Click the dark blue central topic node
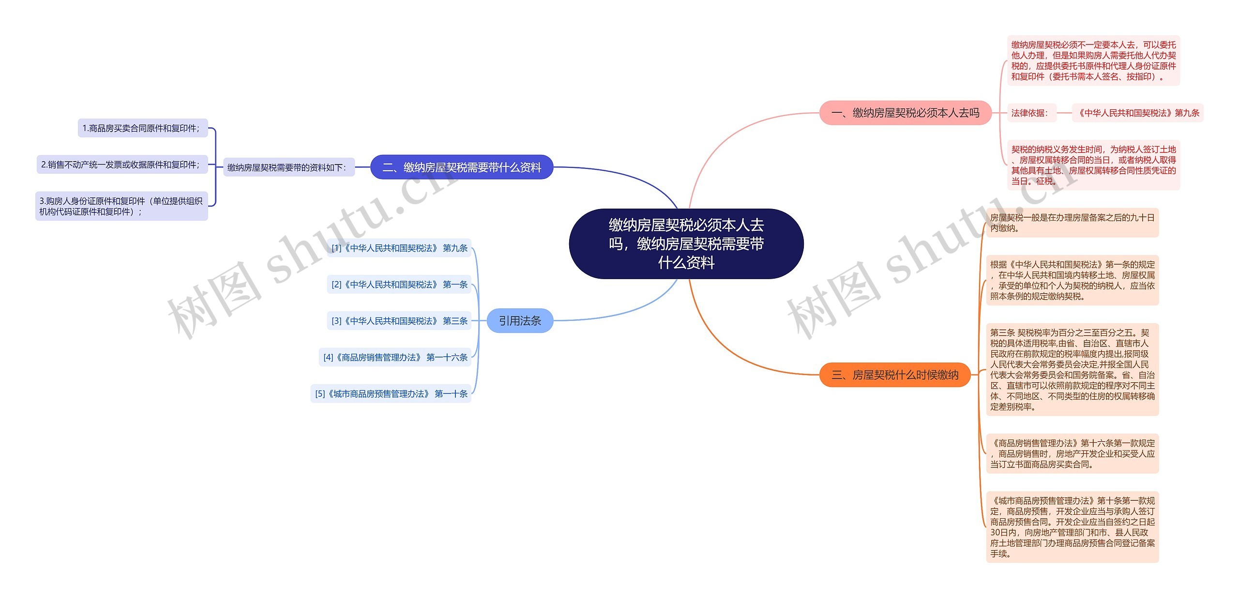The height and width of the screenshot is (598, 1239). (686, 244)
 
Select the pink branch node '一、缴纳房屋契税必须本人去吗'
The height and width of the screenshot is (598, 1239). (905, 113)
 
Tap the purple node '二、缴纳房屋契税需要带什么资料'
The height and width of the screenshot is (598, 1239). (462, 167)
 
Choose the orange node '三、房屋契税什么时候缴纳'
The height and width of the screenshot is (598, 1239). (895, 375)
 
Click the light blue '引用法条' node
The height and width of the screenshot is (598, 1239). (520, 321)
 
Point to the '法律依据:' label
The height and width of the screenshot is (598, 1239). (1030, 113)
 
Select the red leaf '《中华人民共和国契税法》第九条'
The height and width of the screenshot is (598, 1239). (1137, 113)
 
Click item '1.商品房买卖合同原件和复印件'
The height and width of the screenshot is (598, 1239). (143, 128)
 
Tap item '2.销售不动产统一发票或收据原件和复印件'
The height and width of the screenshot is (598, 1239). (122, 164)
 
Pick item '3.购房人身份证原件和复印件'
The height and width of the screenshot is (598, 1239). (121, 206)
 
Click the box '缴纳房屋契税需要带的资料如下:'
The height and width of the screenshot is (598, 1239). (288, 167)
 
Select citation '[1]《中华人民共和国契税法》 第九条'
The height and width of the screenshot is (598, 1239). (399, 248)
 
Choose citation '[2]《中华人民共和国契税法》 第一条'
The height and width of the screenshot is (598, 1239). (399, 284)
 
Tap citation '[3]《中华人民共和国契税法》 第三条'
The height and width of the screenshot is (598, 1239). (399, 321)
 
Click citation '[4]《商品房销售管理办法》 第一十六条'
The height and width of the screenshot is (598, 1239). (395, 358)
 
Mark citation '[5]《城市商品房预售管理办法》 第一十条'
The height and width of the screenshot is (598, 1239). (391, 394)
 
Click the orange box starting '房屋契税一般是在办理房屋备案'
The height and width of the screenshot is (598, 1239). (1073, 223)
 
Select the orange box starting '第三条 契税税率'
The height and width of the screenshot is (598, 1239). (1073, 370)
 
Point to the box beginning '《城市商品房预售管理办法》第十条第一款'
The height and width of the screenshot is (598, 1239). (1073, 527)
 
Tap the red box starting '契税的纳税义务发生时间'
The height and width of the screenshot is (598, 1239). (1093, 165)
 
